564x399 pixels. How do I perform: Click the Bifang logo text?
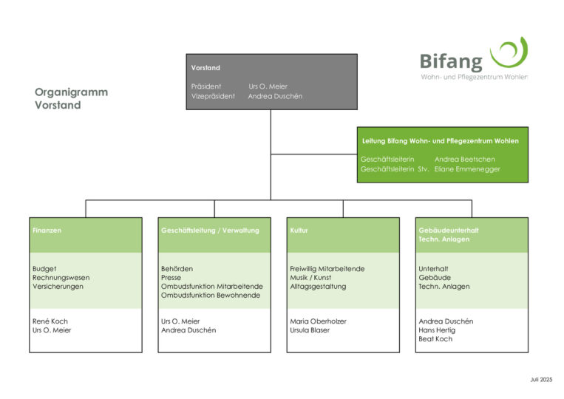tap(451, 62)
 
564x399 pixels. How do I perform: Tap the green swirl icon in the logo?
tap(509, 53)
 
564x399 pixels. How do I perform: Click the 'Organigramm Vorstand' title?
tap(71, 98)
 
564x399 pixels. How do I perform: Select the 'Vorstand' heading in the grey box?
tap(205, 68)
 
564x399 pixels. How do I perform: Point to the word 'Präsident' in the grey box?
tap(205, 86)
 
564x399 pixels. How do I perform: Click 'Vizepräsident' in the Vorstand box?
tap(213, 96)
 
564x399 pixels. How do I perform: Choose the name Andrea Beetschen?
tap(464, 159)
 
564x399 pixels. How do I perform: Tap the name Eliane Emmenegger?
tap(467, 169)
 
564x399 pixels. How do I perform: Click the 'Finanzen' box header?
tap(47, 231)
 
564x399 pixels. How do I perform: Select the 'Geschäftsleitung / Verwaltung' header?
tap(210, 231)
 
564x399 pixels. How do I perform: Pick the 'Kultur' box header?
tap(299, 231)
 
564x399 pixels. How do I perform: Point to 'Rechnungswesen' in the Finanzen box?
tap(61, 278)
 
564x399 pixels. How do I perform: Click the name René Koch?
tap(50, 321)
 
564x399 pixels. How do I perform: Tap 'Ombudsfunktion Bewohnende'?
tap(211, 296)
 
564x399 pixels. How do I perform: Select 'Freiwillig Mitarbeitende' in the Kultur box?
tap(327, 269)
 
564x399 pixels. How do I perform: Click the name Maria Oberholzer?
tap(318, 321)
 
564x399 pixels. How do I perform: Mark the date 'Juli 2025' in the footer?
tap(540, 379)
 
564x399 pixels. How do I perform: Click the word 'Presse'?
tap(171, 278)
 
